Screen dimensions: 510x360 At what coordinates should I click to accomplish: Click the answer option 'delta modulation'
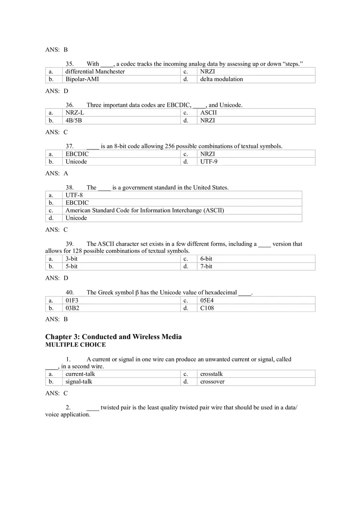[221, 79]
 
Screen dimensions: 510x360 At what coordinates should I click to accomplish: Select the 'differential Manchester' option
[95, 72]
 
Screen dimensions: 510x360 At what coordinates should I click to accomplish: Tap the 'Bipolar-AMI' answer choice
[82, 79]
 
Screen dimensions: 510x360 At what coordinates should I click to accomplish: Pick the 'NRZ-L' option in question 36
[75, 113]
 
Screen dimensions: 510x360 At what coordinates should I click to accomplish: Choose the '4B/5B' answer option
[74, 121]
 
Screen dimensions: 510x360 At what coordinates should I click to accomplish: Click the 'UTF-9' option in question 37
[209, 162]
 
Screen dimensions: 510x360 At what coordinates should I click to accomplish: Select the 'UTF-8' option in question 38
[74, 195]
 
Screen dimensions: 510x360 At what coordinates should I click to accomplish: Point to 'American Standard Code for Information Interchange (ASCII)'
[144, 211]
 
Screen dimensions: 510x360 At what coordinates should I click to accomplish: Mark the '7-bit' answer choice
[206, 267]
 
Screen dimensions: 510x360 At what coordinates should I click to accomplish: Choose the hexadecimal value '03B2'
[72, 308]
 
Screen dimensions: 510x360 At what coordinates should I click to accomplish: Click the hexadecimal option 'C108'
[207, 308]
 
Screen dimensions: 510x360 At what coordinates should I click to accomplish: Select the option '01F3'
[72, 301]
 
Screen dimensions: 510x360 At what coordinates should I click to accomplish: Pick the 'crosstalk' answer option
[211, 374]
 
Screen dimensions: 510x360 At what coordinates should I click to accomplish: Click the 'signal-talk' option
[79, 382]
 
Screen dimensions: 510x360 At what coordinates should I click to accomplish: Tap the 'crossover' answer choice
[212, 382]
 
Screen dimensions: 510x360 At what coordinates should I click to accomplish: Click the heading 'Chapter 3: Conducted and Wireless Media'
[113, 337]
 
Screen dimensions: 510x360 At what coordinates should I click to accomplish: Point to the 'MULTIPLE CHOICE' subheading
[75, 345]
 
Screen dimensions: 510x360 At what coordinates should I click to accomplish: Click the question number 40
[70, 292]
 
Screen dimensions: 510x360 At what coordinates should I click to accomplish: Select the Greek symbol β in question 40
[137, 293]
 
